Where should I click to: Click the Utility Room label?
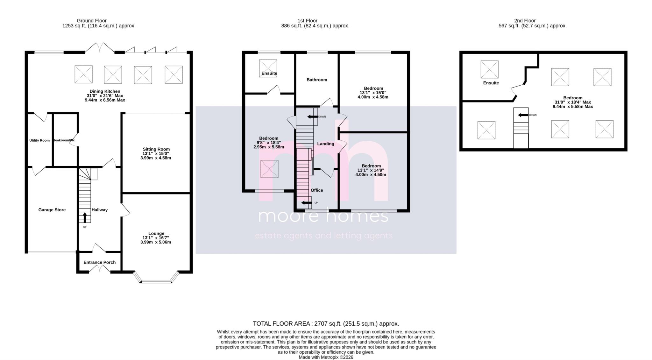click(x=39, y=140)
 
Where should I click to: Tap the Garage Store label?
click(x=52, y=210)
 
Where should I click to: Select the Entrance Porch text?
click(x=99, y=262)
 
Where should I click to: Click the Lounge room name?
click(x=156, y=233)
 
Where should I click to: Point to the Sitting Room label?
click(x=156, y=149)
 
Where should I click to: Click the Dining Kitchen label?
click(x=105, y=91)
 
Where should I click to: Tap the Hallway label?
click(x=100, y=210)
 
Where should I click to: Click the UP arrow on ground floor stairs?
click(x=85, y=217)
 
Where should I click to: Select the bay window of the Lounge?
click(x=156, y=281)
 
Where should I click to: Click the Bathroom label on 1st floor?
click(x=317, y=80)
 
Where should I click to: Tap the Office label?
click(x=317, y=190)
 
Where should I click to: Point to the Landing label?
click(x=326, y=144)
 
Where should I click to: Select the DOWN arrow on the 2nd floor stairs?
click(x=522, y=115)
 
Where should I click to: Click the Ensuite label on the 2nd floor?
click(x=491, y=83)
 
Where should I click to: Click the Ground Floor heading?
click(x=92, y=21)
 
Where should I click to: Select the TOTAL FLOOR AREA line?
click(x=326, y=324)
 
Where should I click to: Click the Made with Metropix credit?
click(x=326, y=357)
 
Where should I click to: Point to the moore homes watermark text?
click(x=323, y=216)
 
